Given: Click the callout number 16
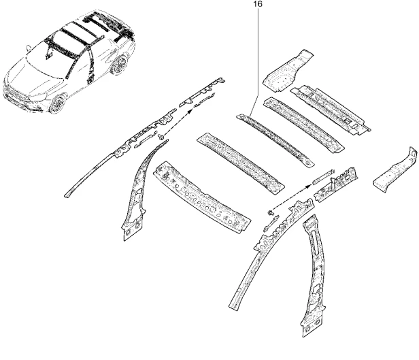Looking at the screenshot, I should tap(256, 3).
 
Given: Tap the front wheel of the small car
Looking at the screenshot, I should tap(58, 103).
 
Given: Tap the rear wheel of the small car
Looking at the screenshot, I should tap(121, 65).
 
